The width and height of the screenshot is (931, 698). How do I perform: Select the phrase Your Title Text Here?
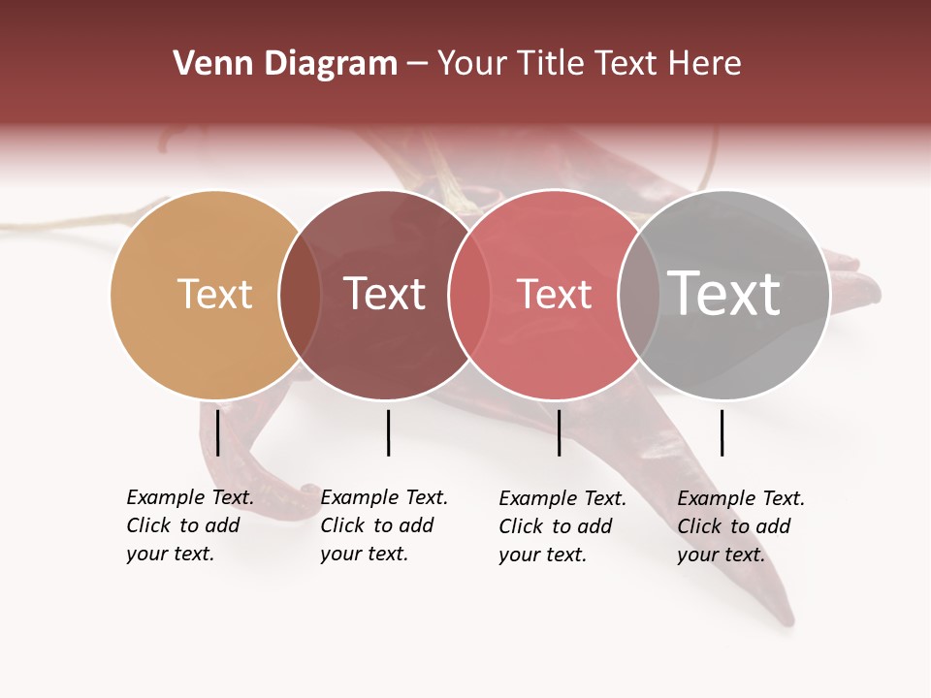pyautogui.click(x=589, y=64)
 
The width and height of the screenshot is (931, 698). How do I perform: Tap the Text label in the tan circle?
pyautogui.click(x=214, y=294)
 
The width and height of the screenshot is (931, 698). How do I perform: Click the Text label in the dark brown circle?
pyautogui.click(x=384, y=294)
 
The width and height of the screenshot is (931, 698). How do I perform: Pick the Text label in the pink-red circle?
pyautogui.click(x=554, y=294)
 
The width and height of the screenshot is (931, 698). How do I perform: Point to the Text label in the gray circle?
pyautogui.click(x=724, y=293)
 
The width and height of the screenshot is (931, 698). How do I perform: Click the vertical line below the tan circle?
pyautogui.click(x=218, y=432)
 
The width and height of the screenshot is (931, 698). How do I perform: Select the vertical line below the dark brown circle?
pyautogui.click(x=388, y=432)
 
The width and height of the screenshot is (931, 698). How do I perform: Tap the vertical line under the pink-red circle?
pyautogui.click(x=559, y=432)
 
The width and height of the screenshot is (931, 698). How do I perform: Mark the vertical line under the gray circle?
pyautogui.click(x=722, y=432)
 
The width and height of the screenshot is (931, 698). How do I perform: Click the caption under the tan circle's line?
pyautogui.click(x=190, y=525)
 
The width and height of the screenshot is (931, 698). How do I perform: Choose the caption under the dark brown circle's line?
pyautogui.click(x=384, y=525)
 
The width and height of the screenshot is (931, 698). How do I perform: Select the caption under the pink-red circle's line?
pyautogui.click(x=562, y=526)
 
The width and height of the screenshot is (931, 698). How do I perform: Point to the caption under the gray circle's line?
pyautogui.click(x=741, y=526)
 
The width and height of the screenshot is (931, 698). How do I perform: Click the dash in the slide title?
pyautogui.click(x=417, y=65)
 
